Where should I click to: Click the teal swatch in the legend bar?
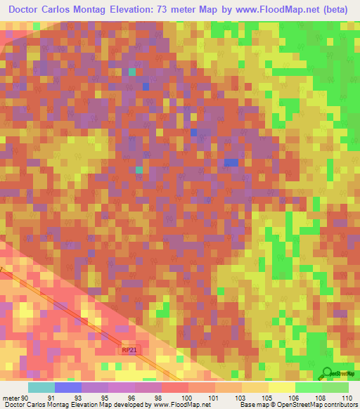pyautogui.click(x=41, y=387)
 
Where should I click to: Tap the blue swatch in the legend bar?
pyautogui.click(x=68, y=387)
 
